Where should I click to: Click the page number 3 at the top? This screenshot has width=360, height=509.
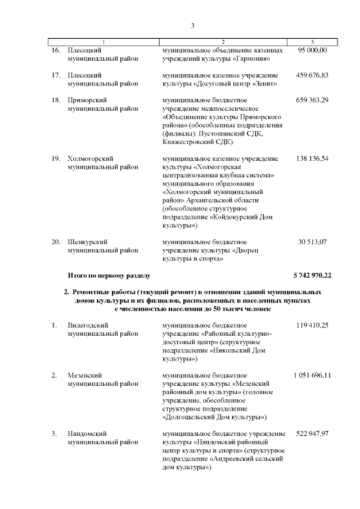(x=192, y=25)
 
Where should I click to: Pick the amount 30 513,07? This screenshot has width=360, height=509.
(x=312, y=242)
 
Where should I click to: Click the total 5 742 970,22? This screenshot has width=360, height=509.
(x=312, y=275)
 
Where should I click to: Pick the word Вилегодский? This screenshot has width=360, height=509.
(x=88, y=325)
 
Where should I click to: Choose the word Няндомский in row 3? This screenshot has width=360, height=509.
(x=87, y=433)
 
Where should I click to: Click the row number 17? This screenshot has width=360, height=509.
(x=56, y=75)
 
